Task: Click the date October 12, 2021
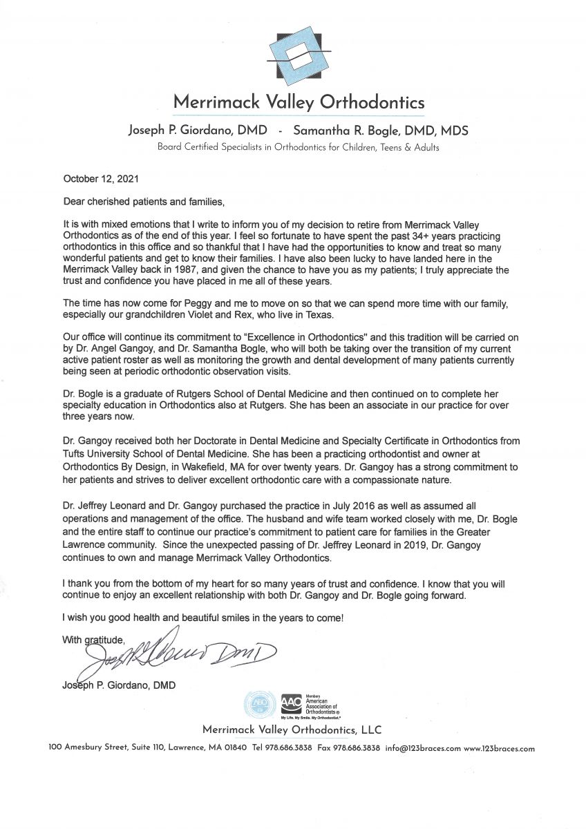click(x=101, y=178)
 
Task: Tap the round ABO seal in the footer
click(x=259, y=705)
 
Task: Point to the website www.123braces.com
click(x=499, y=748)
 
